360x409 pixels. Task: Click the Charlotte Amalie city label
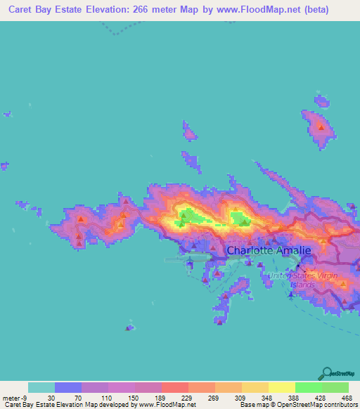tap(267, 249)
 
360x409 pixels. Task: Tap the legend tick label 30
tap(51, 398)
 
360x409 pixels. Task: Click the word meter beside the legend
tap(13, 398)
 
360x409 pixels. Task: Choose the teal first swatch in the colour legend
tap(41, 387)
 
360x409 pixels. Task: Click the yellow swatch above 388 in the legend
tap(282, 387)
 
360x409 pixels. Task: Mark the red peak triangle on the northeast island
tap(321, 127)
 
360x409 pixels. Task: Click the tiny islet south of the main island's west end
tap(129, 327)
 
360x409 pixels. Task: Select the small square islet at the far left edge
tap(8, 112)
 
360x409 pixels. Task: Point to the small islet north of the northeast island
tap(322, 101)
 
